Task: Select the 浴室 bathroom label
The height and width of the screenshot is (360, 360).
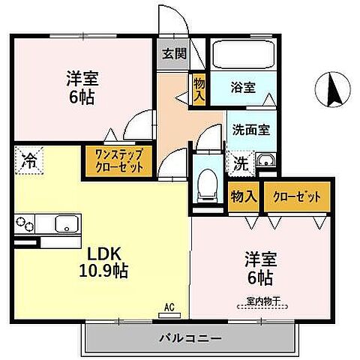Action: point(243,88)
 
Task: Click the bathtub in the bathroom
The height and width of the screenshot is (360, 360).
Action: point(242,55)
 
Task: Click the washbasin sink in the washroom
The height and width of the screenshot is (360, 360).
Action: point(265,160)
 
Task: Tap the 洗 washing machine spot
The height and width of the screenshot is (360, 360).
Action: point(241,161)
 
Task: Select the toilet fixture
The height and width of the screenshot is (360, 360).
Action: point(205,183)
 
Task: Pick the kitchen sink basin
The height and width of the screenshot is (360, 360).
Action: point(65,223)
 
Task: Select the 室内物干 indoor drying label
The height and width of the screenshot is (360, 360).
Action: point(260,302)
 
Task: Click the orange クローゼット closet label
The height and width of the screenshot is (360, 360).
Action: point(296,196)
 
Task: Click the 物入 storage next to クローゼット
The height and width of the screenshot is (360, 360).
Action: point(244,196)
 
